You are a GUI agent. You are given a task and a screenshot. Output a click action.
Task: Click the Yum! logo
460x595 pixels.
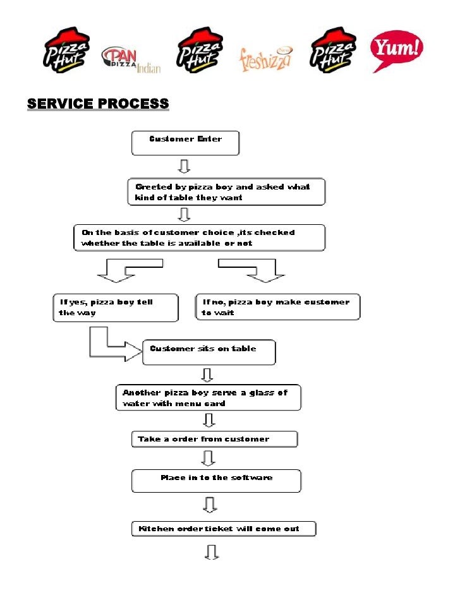point(397,51)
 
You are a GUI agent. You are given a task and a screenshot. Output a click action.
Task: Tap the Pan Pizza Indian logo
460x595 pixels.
point(130,60)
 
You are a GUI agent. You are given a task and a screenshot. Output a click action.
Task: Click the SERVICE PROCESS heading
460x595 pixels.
point(98,104)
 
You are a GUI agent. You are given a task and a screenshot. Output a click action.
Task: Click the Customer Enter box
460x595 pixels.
point(185,143)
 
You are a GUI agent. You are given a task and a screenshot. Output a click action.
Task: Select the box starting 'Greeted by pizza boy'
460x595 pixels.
point(227,193)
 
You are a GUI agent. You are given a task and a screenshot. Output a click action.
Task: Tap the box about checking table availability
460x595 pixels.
point(199,237)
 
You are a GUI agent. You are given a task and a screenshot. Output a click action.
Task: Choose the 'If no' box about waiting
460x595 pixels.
point(277,307)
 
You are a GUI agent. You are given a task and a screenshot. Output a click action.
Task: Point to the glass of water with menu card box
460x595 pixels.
point(209,398)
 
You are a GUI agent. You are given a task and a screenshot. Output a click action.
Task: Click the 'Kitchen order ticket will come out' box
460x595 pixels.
point(223,529)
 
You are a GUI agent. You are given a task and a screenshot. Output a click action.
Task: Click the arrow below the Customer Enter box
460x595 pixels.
point(185,166)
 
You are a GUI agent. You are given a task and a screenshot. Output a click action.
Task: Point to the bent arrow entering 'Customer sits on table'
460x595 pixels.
point(114,346)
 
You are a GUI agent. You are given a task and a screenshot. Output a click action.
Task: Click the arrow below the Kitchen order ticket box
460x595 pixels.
point(211,553)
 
